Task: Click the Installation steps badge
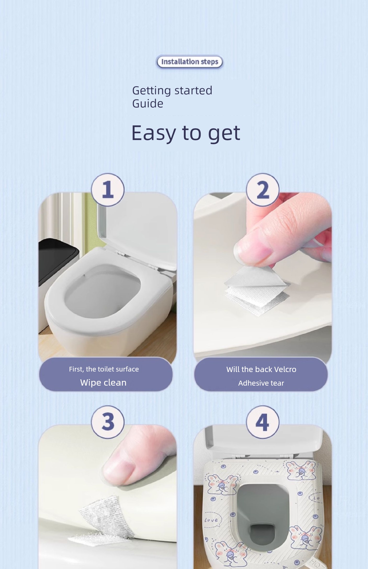tap(190, 62)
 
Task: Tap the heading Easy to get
tap(185, 133)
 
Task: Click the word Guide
tap(148, 103)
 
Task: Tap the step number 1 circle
tap(108, 190)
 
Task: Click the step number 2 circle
tap(263, 190)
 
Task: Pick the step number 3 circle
tap(108, 422)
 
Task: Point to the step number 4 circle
tap(263, 422)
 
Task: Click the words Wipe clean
tap(103, 382)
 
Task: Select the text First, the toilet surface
tap(104, 369)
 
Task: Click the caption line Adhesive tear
tap(261, 383)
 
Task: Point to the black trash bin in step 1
tap(58, 261)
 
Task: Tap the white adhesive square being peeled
tap(258, 290)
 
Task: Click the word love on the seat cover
tap(211, 520)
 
